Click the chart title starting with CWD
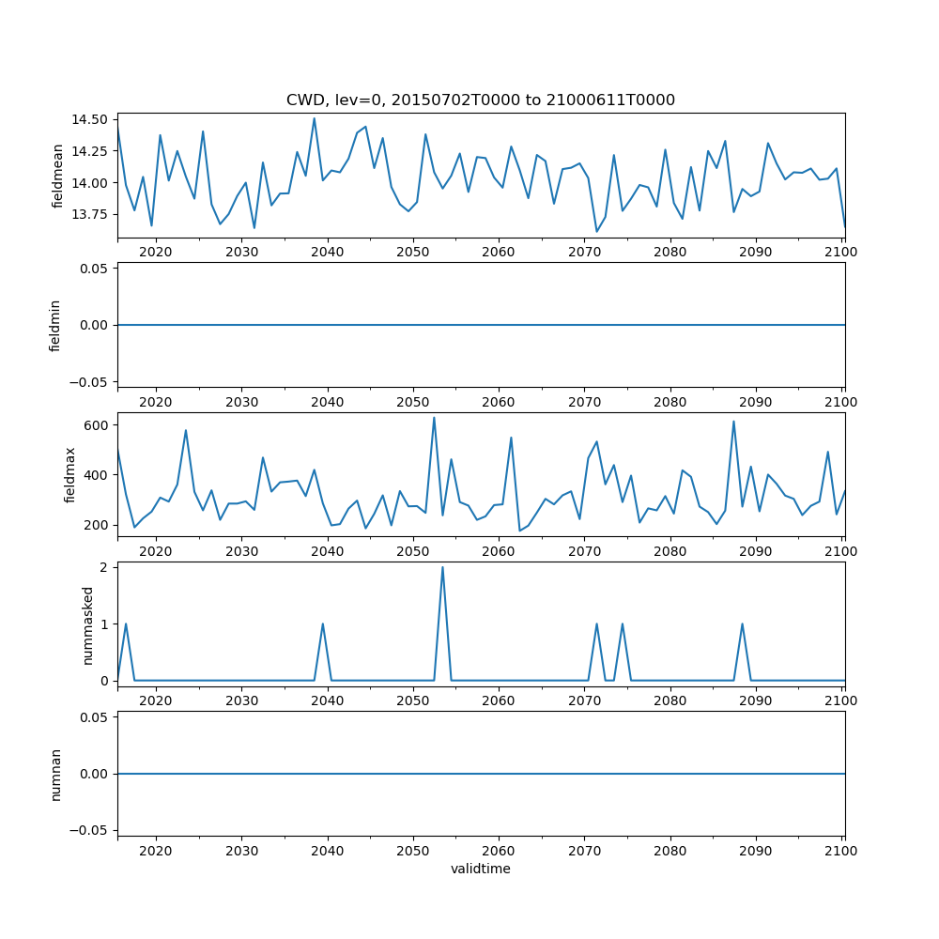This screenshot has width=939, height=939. pos(481,100)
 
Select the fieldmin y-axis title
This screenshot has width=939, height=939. pos(55,325)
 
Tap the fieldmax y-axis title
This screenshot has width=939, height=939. pos(70,474)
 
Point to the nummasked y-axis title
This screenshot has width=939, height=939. pos(88,623)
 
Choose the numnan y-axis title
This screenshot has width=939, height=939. pos(55,774)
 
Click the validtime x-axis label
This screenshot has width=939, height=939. pos(481,869)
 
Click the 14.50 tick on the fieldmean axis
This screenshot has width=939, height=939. pos(91,120)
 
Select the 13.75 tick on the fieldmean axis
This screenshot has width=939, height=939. pos(91,214)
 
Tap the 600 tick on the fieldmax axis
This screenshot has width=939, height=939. pos(98,425)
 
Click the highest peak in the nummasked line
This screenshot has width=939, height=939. pos(442,567)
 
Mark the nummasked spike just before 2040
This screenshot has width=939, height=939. pos(323,623)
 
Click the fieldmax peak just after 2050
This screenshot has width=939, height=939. pos(434,418)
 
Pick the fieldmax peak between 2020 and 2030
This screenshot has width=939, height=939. pos(186,430)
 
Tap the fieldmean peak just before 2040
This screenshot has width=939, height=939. pos(315,118)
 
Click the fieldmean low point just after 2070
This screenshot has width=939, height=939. pos(596,231)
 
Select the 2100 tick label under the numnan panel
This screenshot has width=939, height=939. pos(840,851)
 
